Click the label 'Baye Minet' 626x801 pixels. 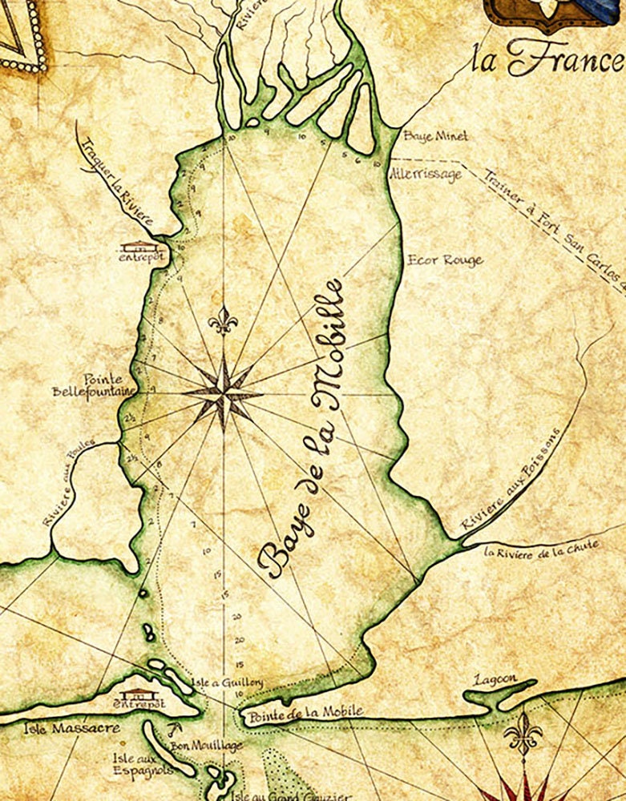pos(435,136)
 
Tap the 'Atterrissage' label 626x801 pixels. pos(425,174)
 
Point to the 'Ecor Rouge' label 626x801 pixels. pos(445,260)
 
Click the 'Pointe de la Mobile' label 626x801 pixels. pos(304,711)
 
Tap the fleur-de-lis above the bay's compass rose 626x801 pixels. pos(224,321)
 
